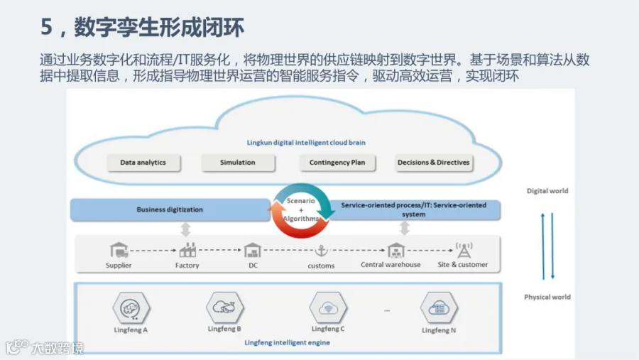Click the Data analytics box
[x=143, y=163]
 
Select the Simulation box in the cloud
[x=238, y=163]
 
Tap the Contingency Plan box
[x=337, y=163]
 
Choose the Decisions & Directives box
[x=434, y=163]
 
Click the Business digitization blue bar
[x=170, y=209]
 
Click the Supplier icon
[x=119, y=250]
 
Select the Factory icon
[x=187, y=250]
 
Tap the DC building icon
[x=253, y=251]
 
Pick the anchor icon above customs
[x=321, y=251]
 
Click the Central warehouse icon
[x=395, y=251]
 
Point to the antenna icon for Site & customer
[x=464, y=251]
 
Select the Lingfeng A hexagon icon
[x=131, y=308]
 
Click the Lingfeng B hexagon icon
[x=224, y=307]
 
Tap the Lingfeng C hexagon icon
[x=328, y=307]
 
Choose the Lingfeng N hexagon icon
[x=439, y=308]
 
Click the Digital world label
[x=547, y=191]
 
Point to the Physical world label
[x=547, y=298]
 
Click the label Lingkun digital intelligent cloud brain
[x=306, y=143]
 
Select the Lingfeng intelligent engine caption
[x=288, y=342]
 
